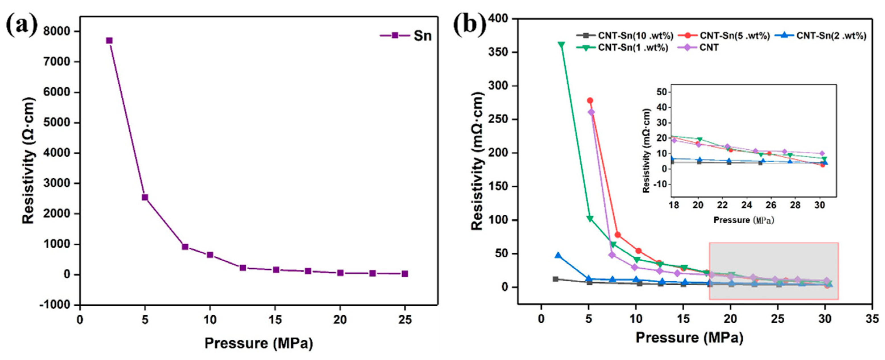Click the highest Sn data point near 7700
point(109,41)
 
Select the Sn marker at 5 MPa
point(145,198)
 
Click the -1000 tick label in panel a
point(55,305)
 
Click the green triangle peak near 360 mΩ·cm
point(561,45)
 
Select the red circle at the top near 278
point(590,100)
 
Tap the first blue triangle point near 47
point(558,255)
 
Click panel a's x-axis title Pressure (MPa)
point(259,343)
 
